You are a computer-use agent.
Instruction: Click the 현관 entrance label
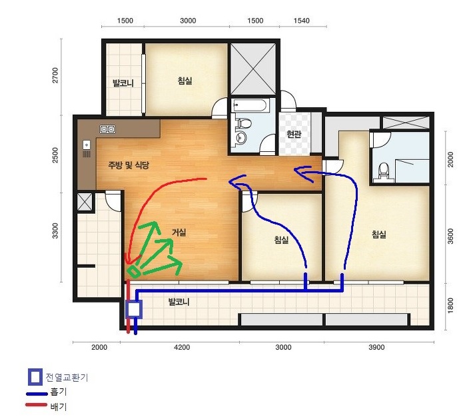pos(294,134)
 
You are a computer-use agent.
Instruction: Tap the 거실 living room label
pos(179,232)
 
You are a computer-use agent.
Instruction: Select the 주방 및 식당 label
pos(129,165)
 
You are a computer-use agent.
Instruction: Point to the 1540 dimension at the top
pos(301,21)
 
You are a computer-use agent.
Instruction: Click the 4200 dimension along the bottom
pos(182,347)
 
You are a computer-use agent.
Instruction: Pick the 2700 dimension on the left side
pos(55,75)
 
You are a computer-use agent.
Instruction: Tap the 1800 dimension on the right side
pos(450,306)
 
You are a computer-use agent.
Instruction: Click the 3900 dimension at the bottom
pos(376,347)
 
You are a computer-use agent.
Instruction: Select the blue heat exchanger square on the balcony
pos(134,310)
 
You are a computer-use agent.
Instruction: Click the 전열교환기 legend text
pos(67,377)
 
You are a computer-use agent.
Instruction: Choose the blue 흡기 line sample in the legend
pos(37,394)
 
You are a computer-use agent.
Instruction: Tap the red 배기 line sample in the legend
pos(37,405)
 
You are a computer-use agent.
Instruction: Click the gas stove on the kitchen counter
pos(107,129)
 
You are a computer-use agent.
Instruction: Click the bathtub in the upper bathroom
pos(250,105)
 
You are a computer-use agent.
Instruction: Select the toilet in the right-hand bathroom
pos(384,171)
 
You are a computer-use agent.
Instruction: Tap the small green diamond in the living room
pos(134,271)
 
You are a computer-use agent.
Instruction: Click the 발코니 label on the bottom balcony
pos(179,302)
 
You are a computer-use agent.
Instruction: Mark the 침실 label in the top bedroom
pos(185,81)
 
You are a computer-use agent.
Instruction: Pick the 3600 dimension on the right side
pos(450,236)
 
